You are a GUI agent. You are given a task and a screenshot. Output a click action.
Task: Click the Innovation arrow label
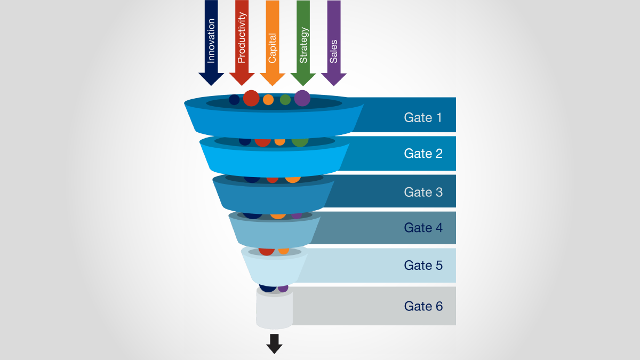coord(211,41)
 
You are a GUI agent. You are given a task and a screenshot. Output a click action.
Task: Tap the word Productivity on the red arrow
coord(242,38)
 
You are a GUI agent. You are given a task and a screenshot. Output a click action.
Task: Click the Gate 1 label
coord(423,117)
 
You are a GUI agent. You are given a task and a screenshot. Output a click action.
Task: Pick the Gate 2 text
coord(423,154)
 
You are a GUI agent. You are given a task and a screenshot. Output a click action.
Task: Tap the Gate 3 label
coord(423,192)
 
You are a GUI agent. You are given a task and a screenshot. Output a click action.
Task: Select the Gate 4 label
coord(423,228)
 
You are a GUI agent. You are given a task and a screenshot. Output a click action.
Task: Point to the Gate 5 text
coord(423,265)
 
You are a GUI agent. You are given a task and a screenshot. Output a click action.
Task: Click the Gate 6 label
coord(423,306)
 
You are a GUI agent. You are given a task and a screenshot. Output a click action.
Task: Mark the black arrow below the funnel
coord(274,344)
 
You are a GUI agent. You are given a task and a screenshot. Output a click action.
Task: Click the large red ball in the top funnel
coord(251,98)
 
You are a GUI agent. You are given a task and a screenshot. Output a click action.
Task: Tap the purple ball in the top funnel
coord(302,98)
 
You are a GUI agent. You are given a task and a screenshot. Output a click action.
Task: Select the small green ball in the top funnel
coord(285,100)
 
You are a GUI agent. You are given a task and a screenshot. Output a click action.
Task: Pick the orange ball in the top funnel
coord(268,100)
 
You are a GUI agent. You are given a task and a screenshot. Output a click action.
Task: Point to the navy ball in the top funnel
coord(234,100)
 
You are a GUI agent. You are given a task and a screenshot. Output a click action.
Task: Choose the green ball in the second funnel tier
coord(300,141)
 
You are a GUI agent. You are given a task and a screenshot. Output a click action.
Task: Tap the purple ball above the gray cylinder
coord(283,289)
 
